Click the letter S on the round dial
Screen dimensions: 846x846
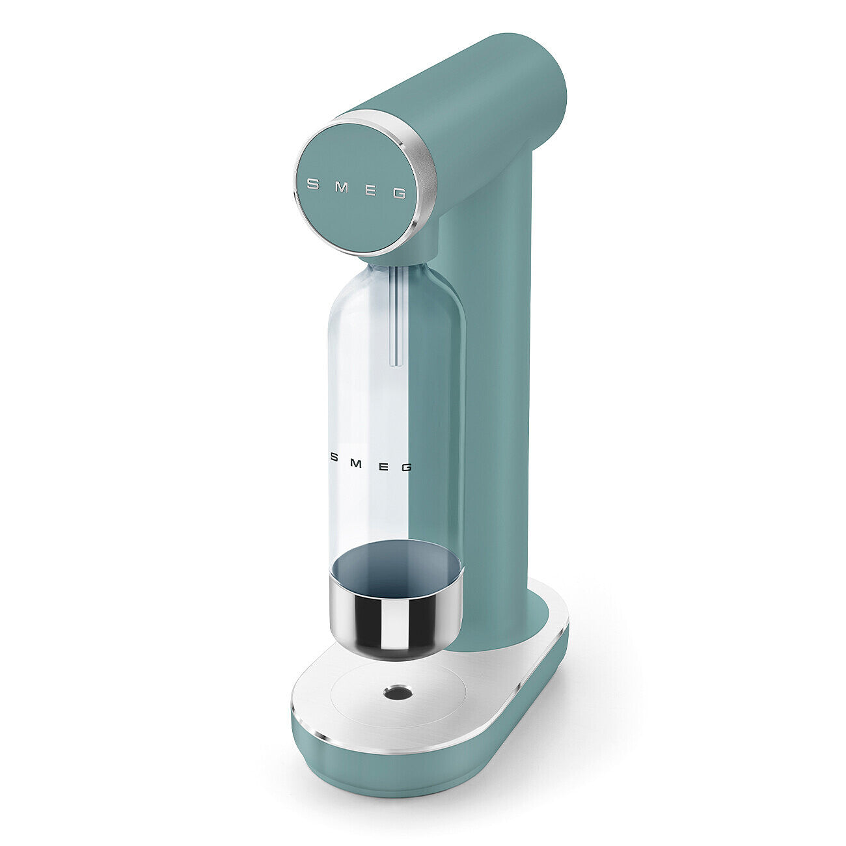coord(312,184)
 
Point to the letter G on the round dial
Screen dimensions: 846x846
coord(400,193)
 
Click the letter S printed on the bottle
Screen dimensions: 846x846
coord(334,457)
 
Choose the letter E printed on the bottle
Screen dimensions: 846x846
coord(382,464)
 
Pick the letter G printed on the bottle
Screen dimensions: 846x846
coord(407,467)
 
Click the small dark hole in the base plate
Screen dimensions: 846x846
coord(397,692)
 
